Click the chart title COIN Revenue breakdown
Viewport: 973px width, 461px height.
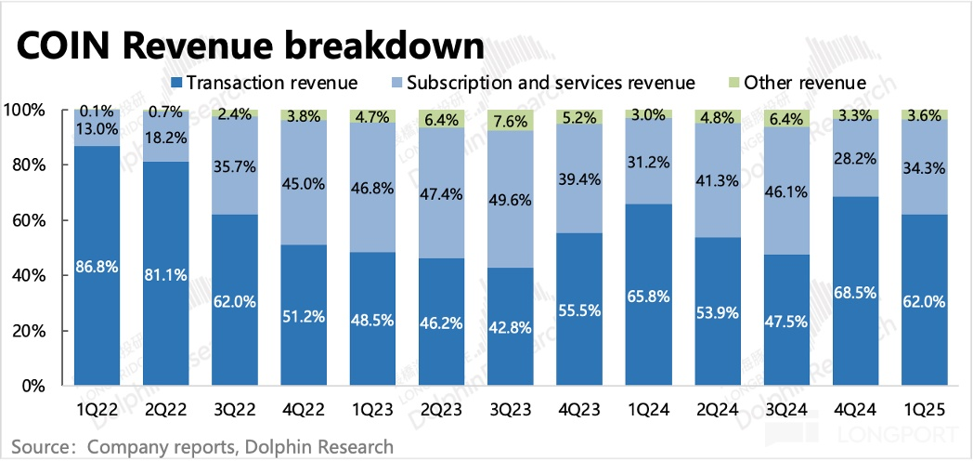pyautogui.click(x=246, y=47)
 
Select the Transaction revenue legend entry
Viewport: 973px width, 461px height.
pyautogui.click(x=264, y=83)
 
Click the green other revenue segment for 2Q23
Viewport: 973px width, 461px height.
pyautogui.click(x=442, y=119)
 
